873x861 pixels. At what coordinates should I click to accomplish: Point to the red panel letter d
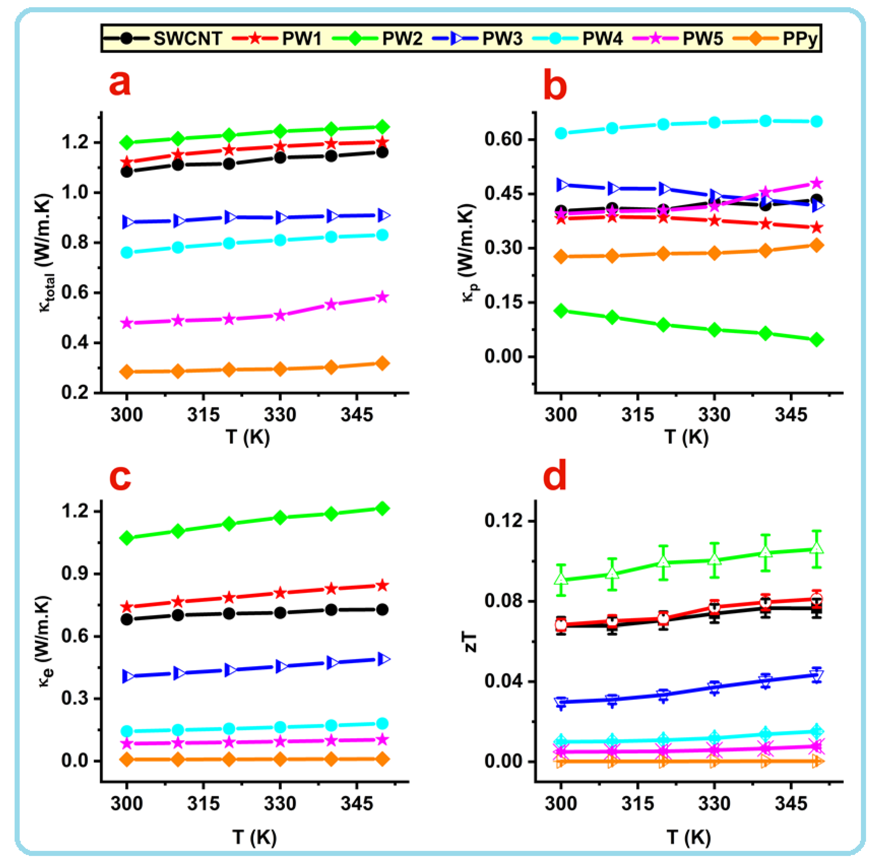(554, 476)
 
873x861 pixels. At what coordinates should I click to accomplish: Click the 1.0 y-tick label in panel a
(75, 193)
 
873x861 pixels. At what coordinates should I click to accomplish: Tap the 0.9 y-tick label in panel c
(75, 574)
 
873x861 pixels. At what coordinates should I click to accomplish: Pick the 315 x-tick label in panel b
(637, 415)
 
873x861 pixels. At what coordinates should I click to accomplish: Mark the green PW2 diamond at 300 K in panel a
(127, 143)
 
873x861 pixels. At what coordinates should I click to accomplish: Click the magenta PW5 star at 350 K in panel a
(382, 297)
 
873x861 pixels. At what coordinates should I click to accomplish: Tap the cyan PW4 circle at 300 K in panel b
(561, 133)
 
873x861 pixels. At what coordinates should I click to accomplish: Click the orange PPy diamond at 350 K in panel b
(817, 246)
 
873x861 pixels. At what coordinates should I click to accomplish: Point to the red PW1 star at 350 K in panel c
(382, 586)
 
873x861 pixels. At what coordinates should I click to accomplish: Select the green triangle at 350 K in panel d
(817, 549)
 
